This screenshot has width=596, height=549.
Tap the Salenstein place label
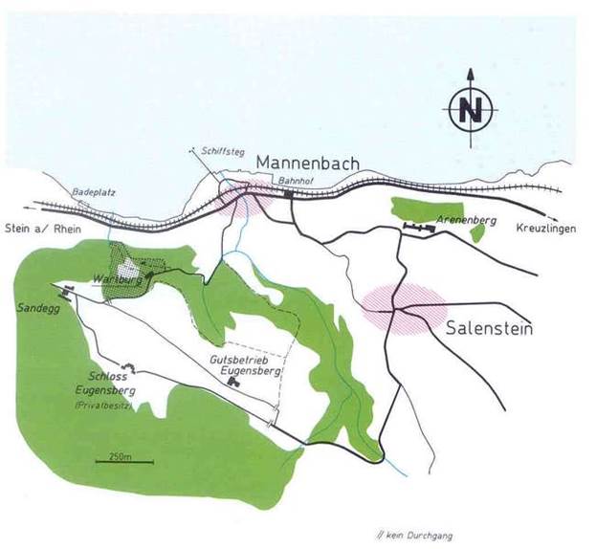click(x=489, y=330)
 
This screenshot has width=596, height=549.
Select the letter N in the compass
click(x=470, y=111)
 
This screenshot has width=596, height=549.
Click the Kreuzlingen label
click(x=546, y=231)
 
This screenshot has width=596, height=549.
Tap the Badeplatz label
click(x=93, y=192)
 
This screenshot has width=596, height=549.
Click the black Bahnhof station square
click(x=287, y=195)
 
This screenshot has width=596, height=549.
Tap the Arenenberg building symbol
click(x=417, y=226)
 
